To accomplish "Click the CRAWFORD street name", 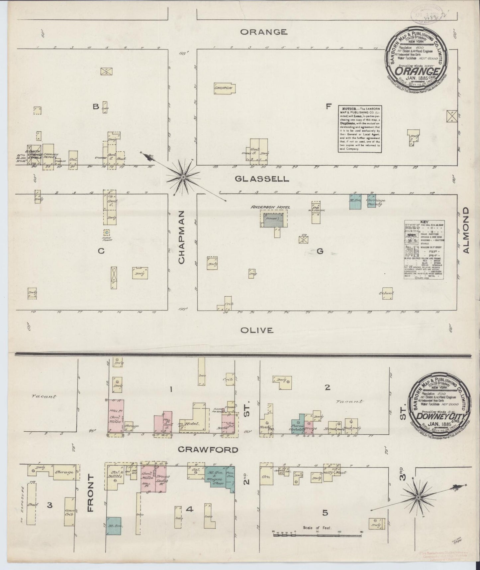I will [208, 450].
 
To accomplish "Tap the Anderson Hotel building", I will [274, 220].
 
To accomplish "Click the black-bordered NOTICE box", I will [360, 129].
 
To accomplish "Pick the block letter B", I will [96, 107].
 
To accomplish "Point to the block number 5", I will [325, 513].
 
